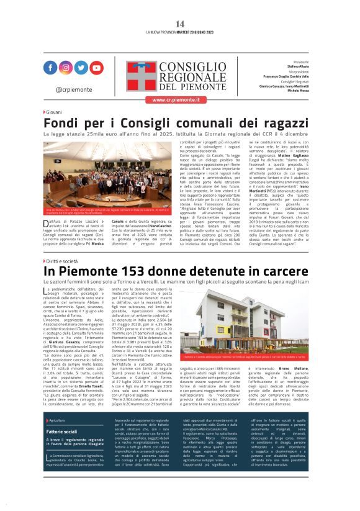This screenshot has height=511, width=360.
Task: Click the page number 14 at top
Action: (x=180, y=24)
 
